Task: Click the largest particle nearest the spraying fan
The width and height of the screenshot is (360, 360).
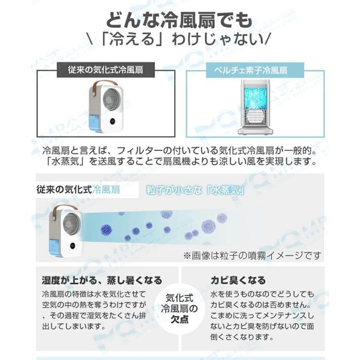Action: (106, 230)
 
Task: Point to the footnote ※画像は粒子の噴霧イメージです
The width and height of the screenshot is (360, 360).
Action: (252, 255)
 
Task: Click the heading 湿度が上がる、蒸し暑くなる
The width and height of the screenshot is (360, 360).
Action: (102, 280)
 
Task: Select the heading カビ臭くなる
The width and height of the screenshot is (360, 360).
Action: (238, 280)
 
